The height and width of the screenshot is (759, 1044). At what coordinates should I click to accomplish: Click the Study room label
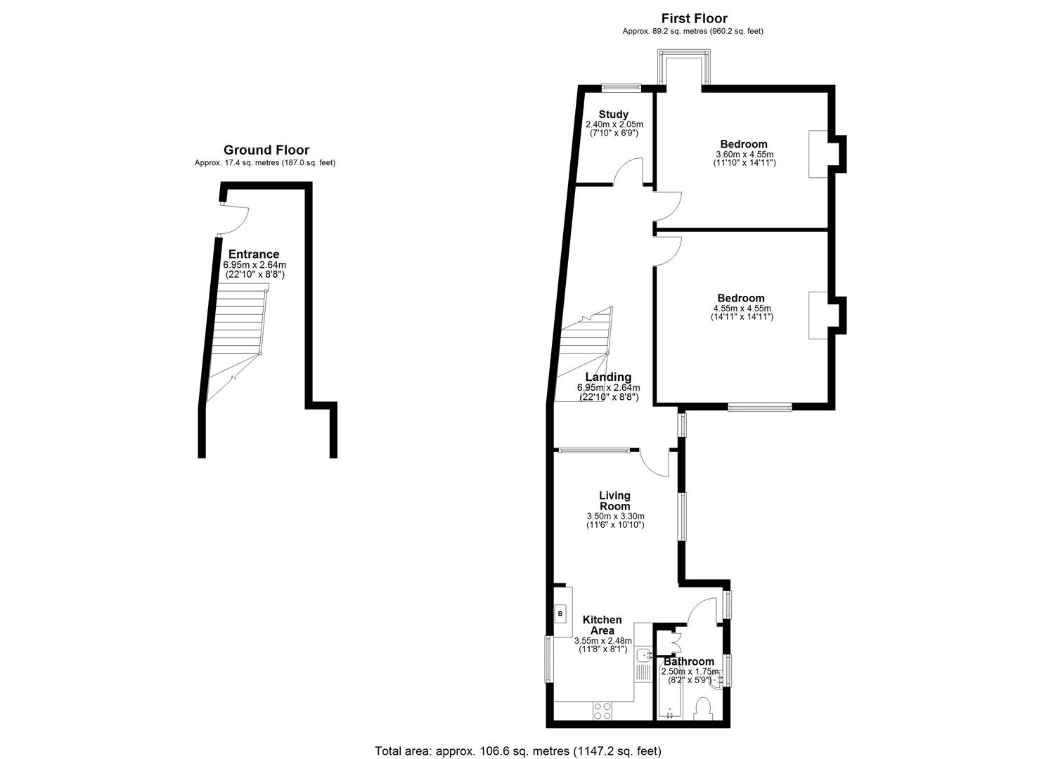point(613,114)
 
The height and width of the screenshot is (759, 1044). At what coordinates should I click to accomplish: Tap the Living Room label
point(614,501)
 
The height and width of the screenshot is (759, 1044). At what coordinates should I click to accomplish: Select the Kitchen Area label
point(602,625)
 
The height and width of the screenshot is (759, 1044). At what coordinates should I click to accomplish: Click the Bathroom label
point(689,661)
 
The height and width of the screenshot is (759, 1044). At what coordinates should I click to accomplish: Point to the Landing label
point(608,377)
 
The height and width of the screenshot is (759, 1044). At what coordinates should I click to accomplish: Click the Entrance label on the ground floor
point(254,254)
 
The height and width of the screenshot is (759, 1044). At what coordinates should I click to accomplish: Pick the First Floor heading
point(695,19)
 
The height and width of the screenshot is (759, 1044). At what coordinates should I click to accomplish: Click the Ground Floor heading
point(266,150)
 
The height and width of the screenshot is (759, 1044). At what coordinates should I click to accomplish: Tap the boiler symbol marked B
point(561,614)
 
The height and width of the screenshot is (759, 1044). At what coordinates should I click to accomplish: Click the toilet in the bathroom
point(703,710)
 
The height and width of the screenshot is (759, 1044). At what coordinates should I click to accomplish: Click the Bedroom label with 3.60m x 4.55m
point(743,144)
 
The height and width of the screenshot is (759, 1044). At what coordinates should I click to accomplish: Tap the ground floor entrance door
point(234,219)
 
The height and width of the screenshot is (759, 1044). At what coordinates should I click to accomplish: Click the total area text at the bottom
point(518,751)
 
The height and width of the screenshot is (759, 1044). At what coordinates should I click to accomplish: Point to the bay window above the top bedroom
point(684,67)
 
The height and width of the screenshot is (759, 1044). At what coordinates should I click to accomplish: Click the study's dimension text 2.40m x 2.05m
point(614,124)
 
